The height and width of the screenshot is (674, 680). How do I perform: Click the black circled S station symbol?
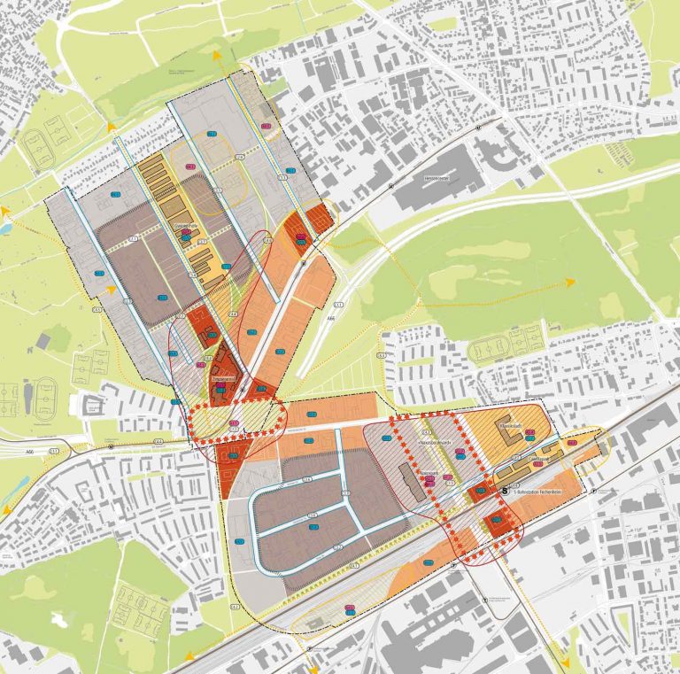506,488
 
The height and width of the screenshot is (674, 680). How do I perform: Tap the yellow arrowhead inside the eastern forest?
570,282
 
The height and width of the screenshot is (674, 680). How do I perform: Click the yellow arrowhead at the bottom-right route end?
566,660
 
